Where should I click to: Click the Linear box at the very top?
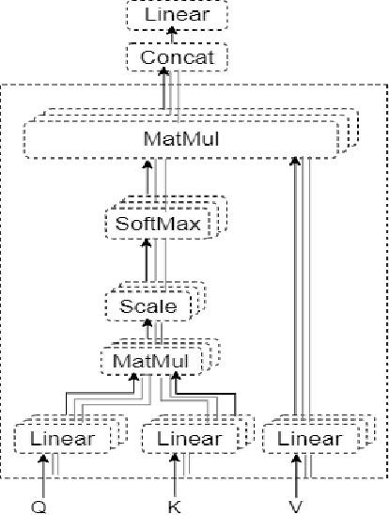[x=177, y=16]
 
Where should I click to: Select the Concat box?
[x=177, y=58]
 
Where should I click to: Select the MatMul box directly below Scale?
[x=150, y=360]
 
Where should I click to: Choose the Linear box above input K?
[x=189, y=439]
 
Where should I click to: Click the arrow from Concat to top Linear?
[x=172, y=37]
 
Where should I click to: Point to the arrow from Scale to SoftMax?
[x=146, y=265]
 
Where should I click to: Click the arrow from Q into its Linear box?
[x=43, y=475]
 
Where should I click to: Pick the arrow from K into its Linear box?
[x=173, y=475]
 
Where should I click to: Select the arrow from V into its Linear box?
[x=297, y=475]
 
